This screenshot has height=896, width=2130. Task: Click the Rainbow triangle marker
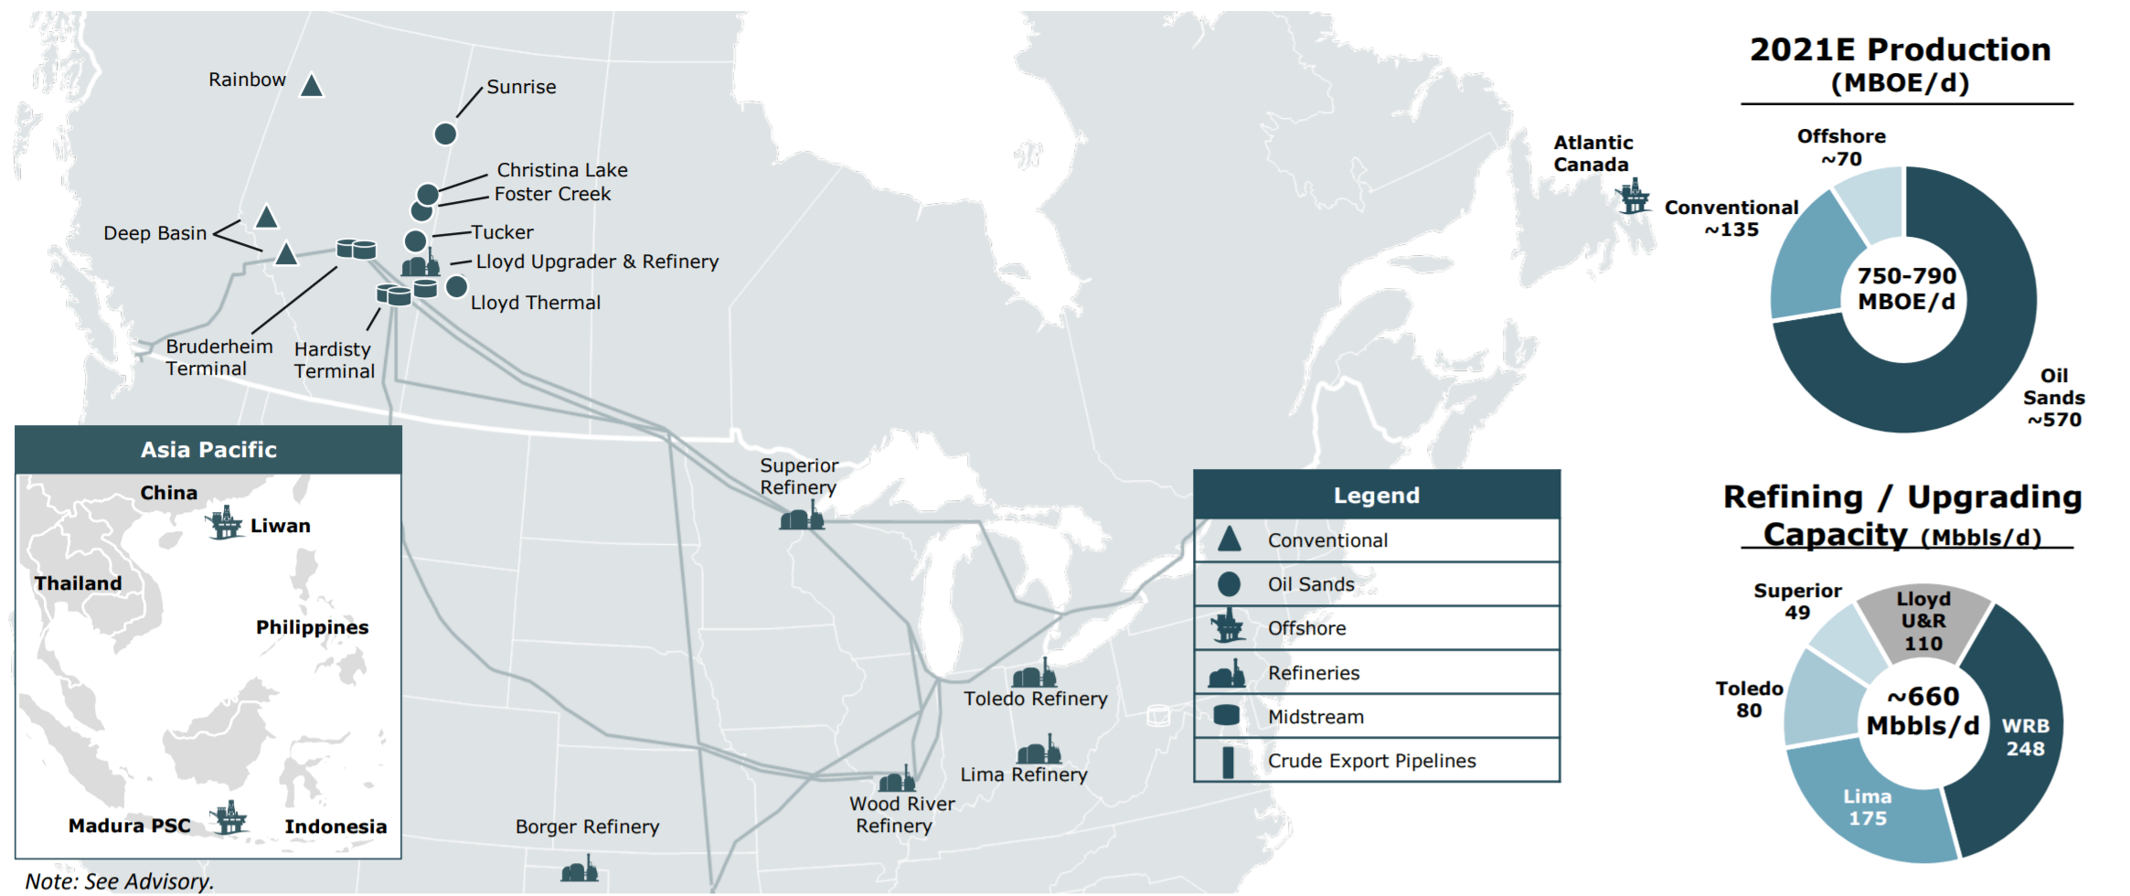[x=312, y=86]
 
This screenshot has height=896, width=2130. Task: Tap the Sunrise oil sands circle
[x=445, y=134]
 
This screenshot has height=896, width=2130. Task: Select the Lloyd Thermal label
[x=535, y=303]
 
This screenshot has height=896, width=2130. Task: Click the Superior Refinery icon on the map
[x=802, y=517]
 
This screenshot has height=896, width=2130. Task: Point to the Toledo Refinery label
[x=1035, y=699]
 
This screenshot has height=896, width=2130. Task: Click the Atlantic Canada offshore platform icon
[x=1633, y=197]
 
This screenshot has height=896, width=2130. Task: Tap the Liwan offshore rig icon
[x=223, y=523]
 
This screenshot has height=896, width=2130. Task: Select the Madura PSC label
[x=130, y=826]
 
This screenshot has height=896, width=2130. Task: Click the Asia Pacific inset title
[x=208, y=450]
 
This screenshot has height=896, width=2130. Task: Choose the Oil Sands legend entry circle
[x=1230, y=584]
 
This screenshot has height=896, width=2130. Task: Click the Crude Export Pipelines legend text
[x=1371, y=761]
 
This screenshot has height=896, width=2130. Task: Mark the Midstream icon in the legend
[x=1227, y=716]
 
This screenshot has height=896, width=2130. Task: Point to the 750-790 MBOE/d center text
[x=1906, y=289]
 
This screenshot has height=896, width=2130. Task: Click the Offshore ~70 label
[x=1841, y=147]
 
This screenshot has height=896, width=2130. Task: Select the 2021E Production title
[x=1901, y=49]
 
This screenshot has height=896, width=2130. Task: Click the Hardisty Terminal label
[x=335, y=360]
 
